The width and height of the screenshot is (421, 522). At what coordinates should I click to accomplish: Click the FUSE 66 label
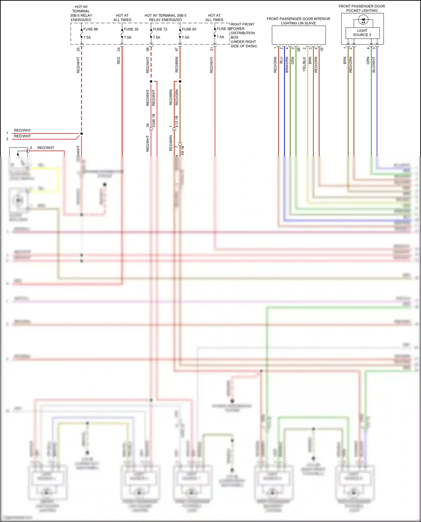point(90,29)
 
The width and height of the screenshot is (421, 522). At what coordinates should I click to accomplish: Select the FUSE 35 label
point(131,29)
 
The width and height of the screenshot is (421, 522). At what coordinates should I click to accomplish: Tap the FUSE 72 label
point(160,29)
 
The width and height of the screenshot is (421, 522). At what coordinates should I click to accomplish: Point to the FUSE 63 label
point(189,29)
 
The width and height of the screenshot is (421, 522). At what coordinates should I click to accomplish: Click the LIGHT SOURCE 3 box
point(362,33)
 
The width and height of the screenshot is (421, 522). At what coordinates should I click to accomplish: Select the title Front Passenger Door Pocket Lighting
point(361,8)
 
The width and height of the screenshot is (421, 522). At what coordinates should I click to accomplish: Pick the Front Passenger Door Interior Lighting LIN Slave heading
point(298,21)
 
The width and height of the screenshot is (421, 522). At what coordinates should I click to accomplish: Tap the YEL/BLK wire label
point(304,64)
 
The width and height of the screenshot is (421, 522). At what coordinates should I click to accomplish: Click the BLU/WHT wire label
point(374,65)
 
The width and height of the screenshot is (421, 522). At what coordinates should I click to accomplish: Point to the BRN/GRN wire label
point(287,65)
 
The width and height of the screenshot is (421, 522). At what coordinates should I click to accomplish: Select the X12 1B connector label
point(177,122)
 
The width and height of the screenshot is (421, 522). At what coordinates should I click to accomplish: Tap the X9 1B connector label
point(182,151)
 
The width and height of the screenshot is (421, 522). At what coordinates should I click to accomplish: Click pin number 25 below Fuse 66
point(78,49)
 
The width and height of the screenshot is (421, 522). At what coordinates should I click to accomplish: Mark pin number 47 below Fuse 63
point(177,49)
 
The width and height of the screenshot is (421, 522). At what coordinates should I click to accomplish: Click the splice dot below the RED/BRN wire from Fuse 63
point(180,81)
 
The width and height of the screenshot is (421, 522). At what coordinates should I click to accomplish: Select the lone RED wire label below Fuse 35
point(118,61)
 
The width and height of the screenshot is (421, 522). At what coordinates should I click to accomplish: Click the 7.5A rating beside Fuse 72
point(156,37)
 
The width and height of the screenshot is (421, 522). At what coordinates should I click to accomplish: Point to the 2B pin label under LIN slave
point(299,49)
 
